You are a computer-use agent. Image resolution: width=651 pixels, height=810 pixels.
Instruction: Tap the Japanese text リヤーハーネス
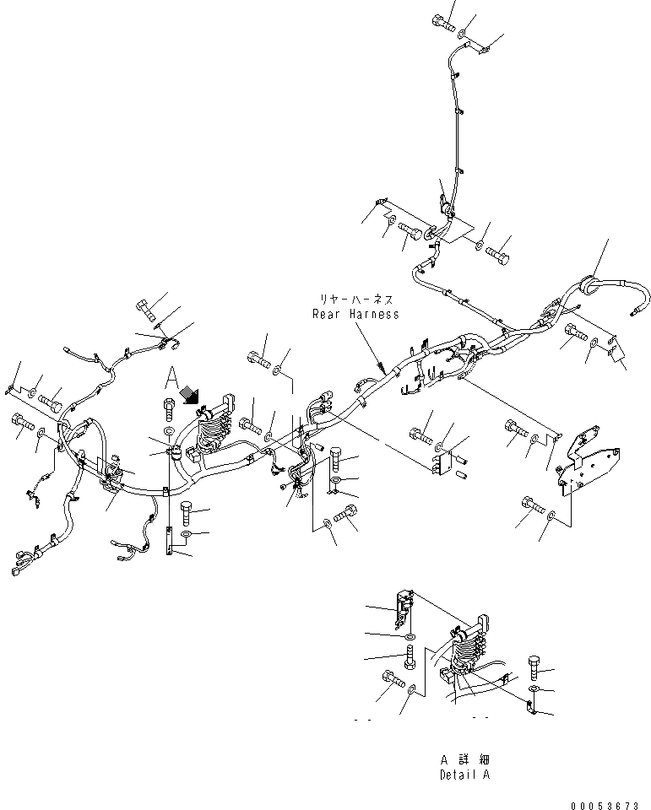[x=355, y=300]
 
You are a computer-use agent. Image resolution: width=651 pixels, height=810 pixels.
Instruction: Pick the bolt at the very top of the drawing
[x=443, y=23]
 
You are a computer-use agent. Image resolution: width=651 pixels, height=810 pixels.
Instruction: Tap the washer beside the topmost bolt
[x=463, y=34]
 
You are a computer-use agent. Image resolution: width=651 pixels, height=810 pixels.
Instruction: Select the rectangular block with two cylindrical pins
[x=446, y=461]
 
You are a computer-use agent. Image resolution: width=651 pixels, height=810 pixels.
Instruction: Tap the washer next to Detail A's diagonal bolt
[x=411, y=691]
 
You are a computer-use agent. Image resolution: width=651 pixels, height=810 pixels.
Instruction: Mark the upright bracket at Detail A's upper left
[x=403, y=601]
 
